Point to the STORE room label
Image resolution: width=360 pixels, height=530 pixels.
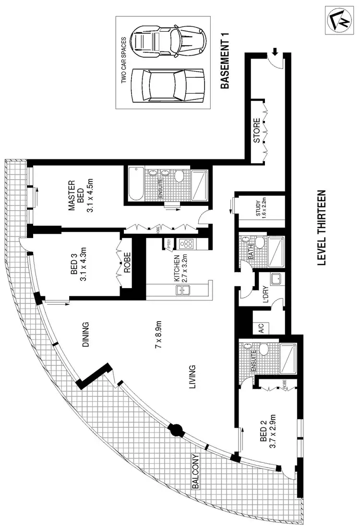[257, 131]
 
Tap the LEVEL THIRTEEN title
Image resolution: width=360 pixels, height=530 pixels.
[322, 229]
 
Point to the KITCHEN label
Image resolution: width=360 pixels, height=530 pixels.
[177, 269]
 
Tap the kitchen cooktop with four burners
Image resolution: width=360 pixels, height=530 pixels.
[186, 244]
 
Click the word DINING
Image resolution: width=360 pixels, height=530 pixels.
[85, 334]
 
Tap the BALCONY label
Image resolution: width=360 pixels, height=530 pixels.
[195, 471]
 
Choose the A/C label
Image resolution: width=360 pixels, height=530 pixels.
[261, 328]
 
